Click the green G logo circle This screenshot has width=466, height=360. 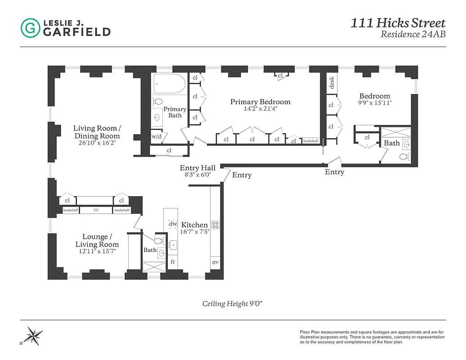tap(30, 28)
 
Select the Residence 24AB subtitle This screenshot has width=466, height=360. tap(413, 34)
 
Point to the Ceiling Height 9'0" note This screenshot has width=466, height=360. tap(232, 303)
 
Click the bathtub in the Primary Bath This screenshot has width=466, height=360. tap(169, 84)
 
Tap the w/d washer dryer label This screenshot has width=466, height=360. tap(156, 136)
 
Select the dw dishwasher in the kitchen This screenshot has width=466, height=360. tap(173, 224)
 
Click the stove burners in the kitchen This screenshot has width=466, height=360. tap(215, 225)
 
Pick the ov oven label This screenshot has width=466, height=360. tap(215, 262)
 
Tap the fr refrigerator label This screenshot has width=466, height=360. tap(172, 262)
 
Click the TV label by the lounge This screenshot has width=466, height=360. tap(96, 210)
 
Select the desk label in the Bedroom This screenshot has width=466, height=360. tap(332, 83)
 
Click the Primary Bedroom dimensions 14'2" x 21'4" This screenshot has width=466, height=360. tap(260, 109)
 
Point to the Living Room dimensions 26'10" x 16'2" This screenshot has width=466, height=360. tap(97, 144)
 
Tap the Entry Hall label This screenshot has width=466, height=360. tap(197, 168)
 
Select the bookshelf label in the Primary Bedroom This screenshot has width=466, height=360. tap(310, 141)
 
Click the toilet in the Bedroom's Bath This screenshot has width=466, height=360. tap(403, 157)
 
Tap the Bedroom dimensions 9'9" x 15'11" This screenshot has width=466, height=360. tap(374, 103)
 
